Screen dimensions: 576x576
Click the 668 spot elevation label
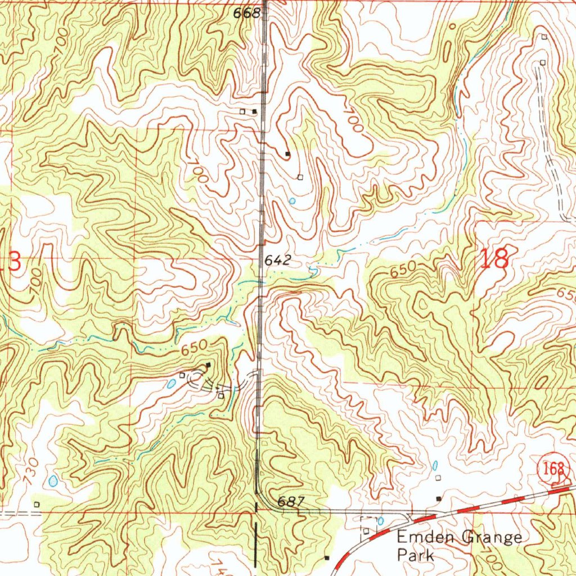click(x=247, y=13)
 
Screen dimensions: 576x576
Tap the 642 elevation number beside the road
click(x=277, y=260)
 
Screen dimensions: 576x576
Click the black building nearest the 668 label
click(x=255, y=111)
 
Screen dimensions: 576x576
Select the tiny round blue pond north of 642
click(x=291, y=200)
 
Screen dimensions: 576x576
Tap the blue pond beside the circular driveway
click(x=170, y=384)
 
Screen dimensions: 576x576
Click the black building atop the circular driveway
click(x=208, y=366)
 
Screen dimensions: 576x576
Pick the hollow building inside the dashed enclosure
click(x=367, y=530)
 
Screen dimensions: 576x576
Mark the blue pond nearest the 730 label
click(x=53, y=481)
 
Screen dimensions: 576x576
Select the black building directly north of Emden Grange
click(x=439, y=498)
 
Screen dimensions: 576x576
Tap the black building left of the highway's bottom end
click(x=326, y=557)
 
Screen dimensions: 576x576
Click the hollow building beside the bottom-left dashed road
click(x=37, y=504)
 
